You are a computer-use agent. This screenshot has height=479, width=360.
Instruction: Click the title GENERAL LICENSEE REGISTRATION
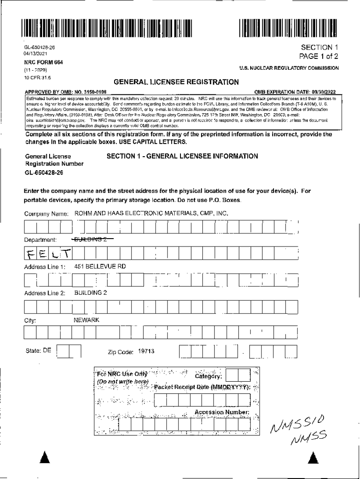(x=176, y=82)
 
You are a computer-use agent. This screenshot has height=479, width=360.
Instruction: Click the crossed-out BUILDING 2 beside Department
(x=94, y=239)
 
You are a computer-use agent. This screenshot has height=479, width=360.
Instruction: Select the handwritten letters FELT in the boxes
(x=49, y=254)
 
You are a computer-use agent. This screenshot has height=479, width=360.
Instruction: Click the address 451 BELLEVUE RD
(x=100, y=266)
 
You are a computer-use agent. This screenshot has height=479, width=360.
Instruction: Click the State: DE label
(x=37, y=350)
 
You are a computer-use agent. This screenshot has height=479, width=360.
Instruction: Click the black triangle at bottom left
(x=43, y=457)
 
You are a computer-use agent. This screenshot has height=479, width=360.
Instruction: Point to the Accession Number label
(x=222, y=412)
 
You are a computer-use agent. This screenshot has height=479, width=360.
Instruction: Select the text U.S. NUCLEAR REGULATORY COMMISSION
(x=289, y=68)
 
